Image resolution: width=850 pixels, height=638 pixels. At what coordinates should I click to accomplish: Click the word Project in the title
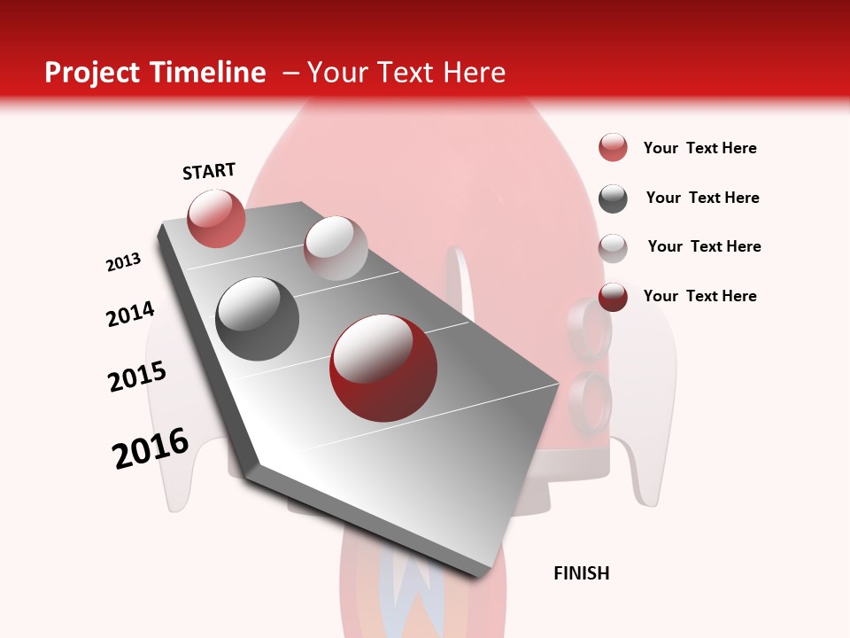(90, 73)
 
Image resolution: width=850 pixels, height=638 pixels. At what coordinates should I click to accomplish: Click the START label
(209, 171)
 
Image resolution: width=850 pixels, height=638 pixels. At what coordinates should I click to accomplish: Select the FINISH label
(582, 573)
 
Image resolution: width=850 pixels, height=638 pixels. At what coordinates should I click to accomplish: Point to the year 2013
(124, 262)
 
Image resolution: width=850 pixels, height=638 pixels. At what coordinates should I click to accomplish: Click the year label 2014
(130, 314)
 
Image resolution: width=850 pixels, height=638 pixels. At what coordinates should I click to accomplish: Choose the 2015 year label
(137, 377)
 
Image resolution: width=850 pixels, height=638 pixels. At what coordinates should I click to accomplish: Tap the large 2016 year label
(151, 448)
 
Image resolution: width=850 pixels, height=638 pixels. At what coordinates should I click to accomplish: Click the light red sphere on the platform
(216, 218)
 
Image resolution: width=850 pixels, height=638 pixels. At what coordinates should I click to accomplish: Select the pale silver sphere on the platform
(336, 248)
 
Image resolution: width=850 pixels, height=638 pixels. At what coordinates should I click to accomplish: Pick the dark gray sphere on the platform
(258, 319)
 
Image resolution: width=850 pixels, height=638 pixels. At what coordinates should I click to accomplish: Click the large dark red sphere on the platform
(383, 368)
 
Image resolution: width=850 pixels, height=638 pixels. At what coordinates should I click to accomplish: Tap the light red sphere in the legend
(613, 148)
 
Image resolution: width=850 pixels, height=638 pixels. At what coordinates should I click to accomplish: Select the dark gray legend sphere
(613, 198)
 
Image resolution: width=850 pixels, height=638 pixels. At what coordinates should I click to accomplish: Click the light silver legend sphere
(613, 248)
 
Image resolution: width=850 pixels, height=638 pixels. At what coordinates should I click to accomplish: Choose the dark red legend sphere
(613, 297)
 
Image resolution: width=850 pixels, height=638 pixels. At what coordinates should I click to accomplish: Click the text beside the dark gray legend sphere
(702, 198)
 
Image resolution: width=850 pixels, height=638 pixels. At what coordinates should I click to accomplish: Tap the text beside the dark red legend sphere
(699, 296)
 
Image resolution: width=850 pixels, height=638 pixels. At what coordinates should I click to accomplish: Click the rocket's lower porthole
(591, 399)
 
